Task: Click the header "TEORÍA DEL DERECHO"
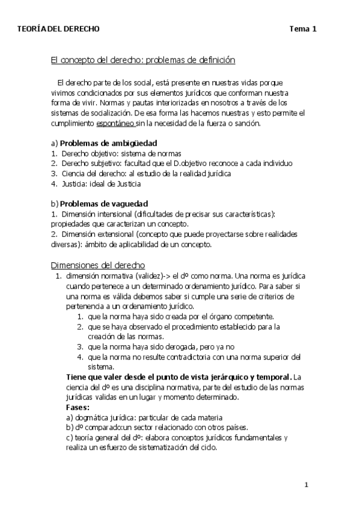[59, 29]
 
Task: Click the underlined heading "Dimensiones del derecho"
[97, 265]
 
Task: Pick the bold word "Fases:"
[78, 407]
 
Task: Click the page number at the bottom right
[306, 485]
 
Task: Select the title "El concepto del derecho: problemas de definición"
[142, 61]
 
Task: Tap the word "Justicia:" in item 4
[75, 183]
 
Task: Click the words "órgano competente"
[244, 316]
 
